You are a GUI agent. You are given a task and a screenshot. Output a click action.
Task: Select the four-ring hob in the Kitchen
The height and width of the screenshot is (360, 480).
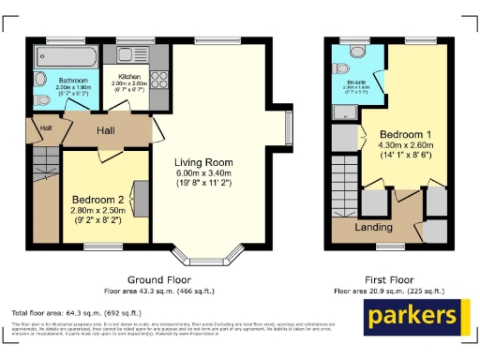pyautogui.click(x=157, y=79)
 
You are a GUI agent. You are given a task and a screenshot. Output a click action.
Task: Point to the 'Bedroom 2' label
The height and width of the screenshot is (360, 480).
pyautogui.click(x=97, y=200)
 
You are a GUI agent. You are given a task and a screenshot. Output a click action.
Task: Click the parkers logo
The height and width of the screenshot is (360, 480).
pyautogui.click(x=416, y=316)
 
